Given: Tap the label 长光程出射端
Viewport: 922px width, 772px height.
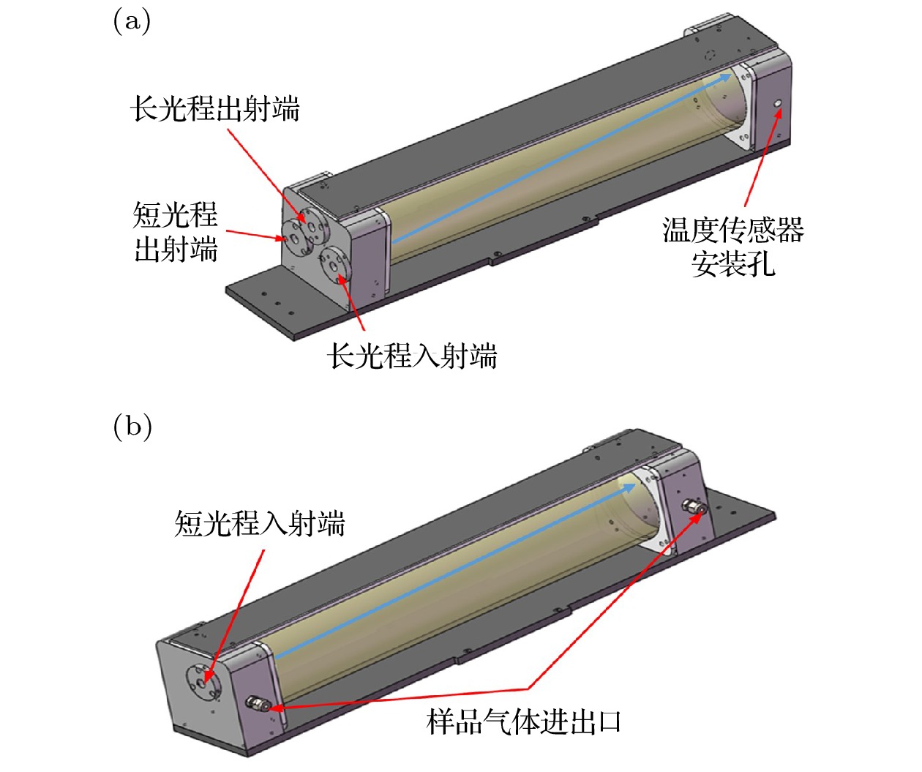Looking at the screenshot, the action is click(215, 109).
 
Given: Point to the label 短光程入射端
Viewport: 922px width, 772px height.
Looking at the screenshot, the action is click(260, 524).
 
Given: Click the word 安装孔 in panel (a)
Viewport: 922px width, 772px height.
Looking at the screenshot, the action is click(733, 264).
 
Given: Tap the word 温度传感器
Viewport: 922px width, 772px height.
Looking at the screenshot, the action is click(733, 230).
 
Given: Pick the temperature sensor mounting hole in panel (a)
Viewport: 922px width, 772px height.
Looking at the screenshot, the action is click(778, 104).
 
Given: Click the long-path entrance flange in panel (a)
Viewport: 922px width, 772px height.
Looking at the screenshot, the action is click(334, 266).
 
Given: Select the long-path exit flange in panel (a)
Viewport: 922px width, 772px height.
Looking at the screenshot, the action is click(312, 225).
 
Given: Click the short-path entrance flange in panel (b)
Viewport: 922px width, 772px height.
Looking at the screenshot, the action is click(203, 683).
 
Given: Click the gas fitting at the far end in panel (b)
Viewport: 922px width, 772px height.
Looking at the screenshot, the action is click(694, 506).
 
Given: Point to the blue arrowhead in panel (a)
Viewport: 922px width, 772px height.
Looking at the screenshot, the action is click(723, 78).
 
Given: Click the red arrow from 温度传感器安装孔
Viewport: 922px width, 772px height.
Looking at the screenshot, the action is click(763, 157).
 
